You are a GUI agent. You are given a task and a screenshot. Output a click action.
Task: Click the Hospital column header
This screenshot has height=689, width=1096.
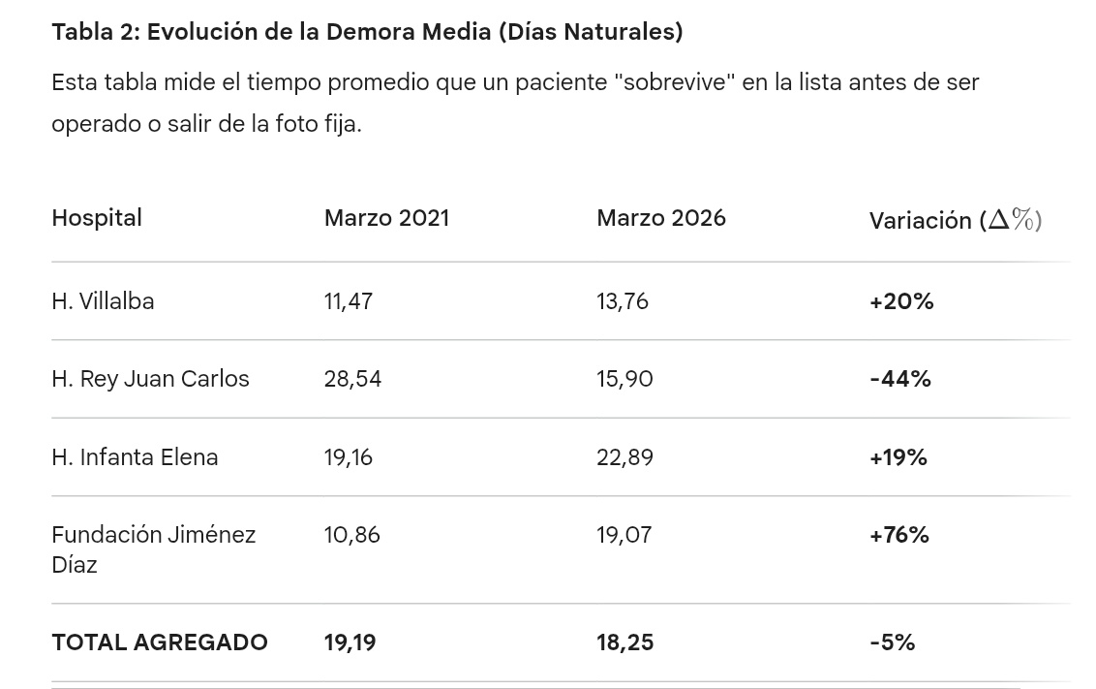tap(97, 218)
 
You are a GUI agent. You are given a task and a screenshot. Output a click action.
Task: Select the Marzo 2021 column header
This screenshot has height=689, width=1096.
tap(386, 218)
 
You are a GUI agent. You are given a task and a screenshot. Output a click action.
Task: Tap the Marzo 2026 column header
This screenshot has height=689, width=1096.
tap(660, 218)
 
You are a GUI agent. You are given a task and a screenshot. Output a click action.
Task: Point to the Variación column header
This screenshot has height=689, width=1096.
tap(955, 220)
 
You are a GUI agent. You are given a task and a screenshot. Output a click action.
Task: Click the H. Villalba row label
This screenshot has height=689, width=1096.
tap(103, 301)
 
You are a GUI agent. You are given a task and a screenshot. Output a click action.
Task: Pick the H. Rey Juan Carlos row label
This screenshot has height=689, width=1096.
tap(150, 379)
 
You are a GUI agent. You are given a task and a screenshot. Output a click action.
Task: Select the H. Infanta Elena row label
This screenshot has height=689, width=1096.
tap(135, 457)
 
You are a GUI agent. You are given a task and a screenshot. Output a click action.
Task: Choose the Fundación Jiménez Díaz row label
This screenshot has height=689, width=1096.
tap(153, 548)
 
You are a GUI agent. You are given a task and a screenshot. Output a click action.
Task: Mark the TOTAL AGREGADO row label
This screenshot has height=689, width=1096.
tap(160, 642)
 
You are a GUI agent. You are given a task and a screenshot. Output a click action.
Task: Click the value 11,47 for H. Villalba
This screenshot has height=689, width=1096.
tap(348, 301)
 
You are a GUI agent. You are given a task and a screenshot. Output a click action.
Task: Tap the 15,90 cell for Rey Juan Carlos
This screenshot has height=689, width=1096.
tap(624, 379)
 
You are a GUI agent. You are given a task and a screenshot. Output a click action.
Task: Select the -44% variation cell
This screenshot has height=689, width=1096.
tap(900, 379)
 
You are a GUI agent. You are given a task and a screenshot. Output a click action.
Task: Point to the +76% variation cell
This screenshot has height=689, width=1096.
tap(899, 535)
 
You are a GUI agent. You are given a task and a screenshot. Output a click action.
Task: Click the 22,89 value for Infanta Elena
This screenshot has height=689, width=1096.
tap(624, 457)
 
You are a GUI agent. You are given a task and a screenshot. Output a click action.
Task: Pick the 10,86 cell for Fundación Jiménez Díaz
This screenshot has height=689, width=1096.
tap(351, 535)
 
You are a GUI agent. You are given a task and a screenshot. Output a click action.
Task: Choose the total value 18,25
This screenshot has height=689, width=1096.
tap(624, 642)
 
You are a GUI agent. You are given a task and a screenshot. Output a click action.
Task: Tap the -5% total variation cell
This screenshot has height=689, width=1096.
tap(892, 642)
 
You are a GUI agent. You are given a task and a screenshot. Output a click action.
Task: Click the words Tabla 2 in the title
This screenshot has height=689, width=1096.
tap(95, 32)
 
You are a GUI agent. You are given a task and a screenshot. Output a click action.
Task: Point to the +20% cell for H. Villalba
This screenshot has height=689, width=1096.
tap(901, 301)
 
